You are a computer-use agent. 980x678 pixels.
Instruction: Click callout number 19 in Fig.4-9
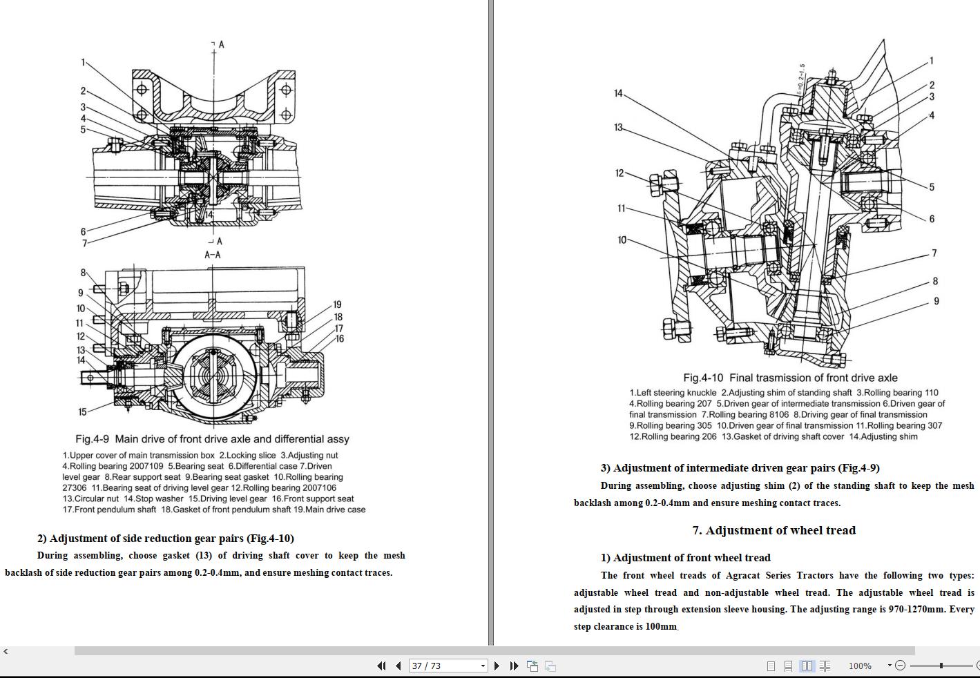[337, 304]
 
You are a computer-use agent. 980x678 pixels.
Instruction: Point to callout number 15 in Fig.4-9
[82, 411]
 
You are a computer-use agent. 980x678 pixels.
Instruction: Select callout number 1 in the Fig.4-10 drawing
[931, 61]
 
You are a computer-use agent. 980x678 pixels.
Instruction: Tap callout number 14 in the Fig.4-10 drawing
[618, 93]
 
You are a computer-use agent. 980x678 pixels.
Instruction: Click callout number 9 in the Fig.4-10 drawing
[936, 301]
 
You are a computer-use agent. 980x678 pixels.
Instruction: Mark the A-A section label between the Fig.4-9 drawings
[212, 255]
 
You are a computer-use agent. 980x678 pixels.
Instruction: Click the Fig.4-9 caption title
[212, 439]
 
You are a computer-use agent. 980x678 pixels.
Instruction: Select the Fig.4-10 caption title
[790, 378]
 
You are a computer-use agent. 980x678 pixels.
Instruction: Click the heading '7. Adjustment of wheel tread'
[774, 530]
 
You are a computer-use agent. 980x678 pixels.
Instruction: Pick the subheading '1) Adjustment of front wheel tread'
[685, 558]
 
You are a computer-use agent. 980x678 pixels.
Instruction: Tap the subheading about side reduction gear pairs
[166, 539]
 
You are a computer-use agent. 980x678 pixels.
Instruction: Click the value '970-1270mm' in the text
[916, 609]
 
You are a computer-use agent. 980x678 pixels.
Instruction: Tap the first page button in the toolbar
[381, 666]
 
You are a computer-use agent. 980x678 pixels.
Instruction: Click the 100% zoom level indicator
[859, 666]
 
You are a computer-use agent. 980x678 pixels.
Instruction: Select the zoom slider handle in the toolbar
[941, 666]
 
